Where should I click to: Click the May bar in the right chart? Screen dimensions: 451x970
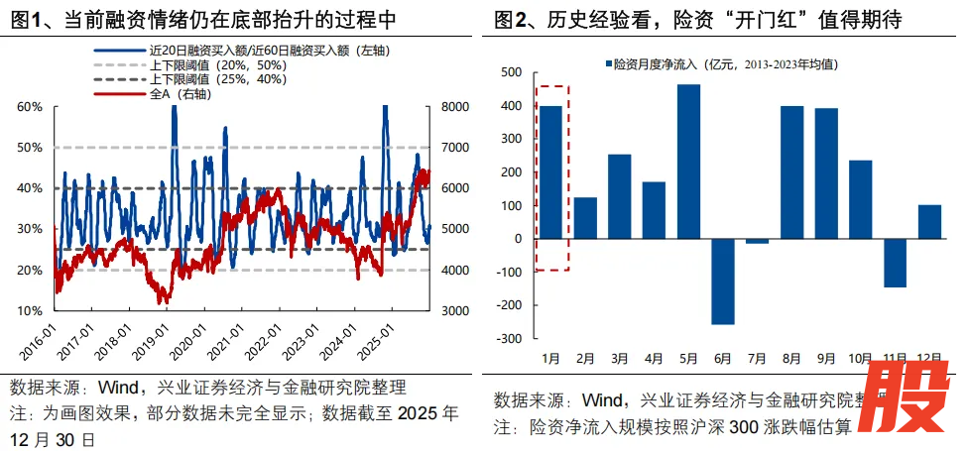688,162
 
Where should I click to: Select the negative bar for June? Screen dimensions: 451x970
723,282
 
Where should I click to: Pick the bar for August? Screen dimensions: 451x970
791,171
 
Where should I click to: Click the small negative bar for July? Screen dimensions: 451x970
758,241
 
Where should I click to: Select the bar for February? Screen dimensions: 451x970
585,218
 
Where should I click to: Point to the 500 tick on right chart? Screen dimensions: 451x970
510,72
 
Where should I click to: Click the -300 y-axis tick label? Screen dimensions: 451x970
508,339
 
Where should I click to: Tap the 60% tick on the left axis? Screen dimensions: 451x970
30,107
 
